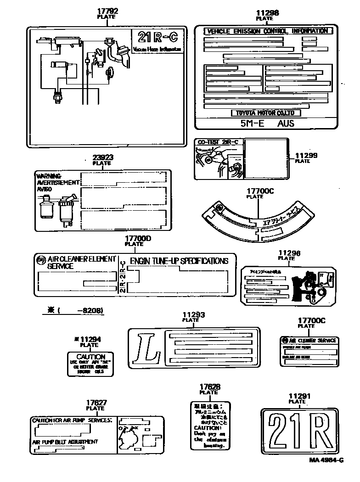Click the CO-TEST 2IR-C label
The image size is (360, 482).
pos(218,142)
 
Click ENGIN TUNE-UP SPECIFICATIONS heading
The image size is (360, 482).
pos(179,261)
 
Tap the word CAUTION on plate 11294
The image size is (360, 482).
pos(90,357)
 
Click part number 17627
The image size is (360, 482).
pos(96,403)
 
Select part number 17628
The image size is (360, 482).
pos(209,387)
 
